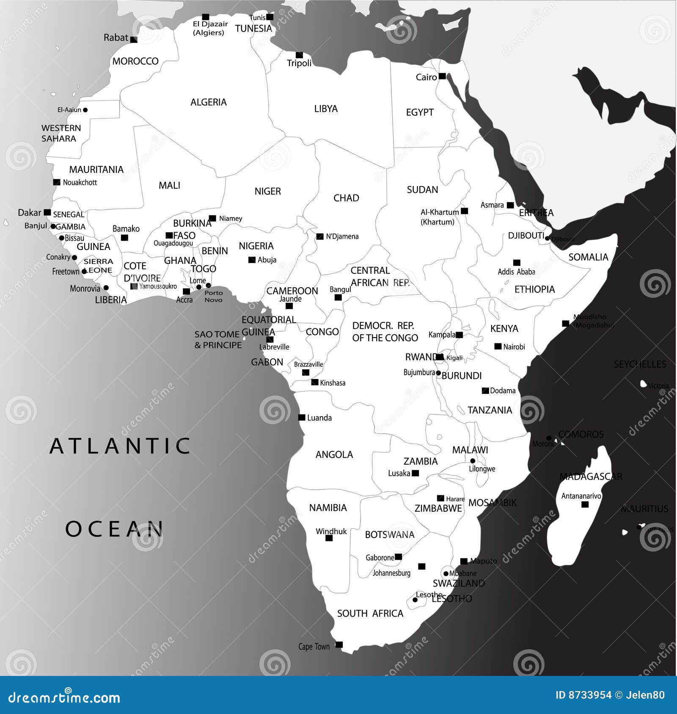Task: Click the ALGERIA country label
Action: [x=209, y=102]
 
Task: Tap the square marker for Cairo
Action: [x=442, y=76]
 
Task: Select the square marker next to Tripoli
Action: [x=299, y=55]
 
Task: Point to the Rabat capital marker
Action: [x=134, y=40]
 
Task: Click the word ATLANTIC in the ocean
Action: [x=120, y=446]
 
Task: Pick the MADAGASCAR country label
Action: [x=591, y=477]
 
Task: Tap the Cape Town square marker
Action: [x=339, y=645]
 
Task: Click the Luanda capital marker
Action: [x=302, y=417]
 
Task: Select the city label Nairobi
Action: [x=514, y=347]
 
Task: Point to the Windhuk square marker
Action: [x=329, y=538]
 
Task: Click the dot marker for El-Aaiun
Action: [x=85, y=110]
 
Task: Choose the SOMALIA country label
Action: [x=588, y=257]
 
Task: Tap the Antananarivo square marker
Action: [x=585, y=504]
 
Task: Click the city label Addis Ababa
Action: [x=516, y=272]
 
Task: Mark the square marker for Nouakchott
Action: [x=57, y=182]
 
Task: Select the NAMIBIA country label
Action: [x=328, y=508]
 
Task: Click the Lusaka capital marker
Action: [x=416, y=473]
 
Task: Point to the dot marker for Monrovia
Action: [x=106, y=288]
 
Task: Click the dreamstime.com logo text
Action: [x=64, y=697]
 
